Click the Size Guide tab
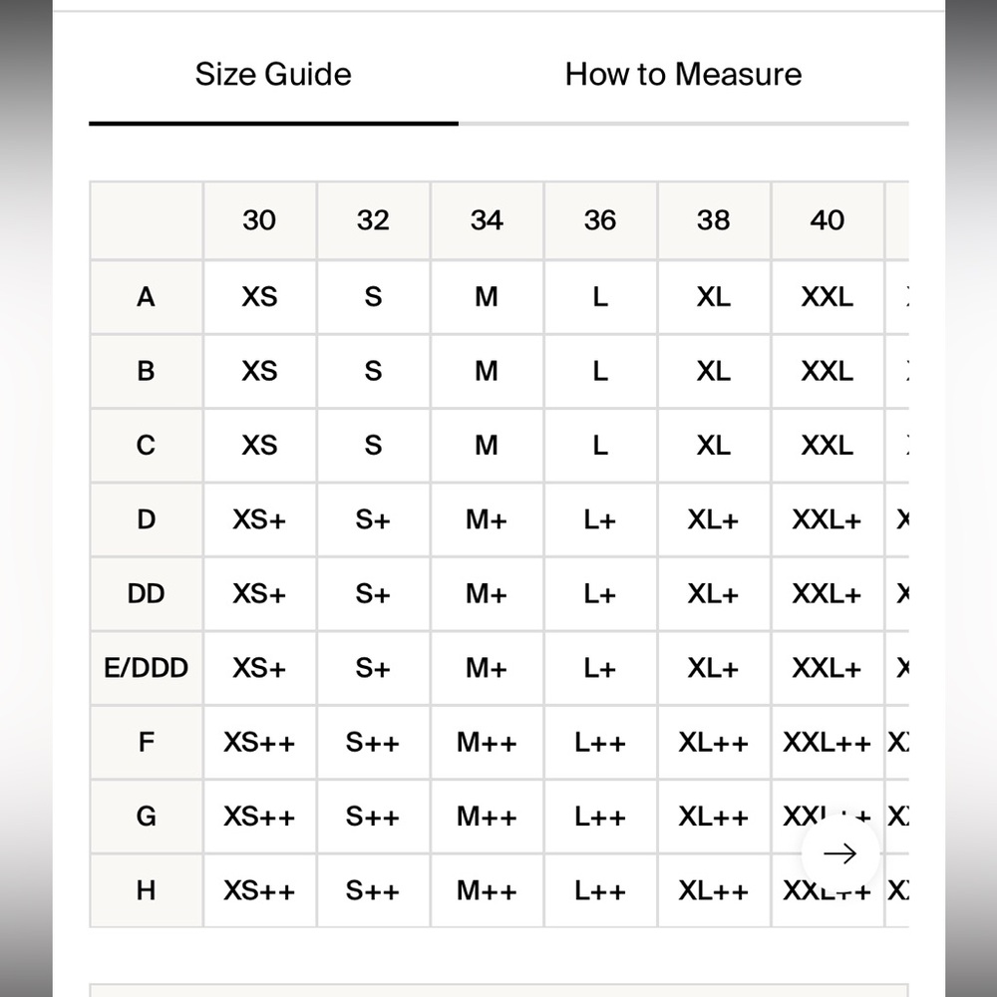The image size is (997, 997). click(x=273, y=75)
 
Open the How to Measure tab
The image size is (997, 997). click(x=683, y=75)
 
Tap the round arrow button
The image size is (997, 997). click(x=839, y=853)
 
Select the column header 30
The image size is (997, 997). click(x=259, y=220)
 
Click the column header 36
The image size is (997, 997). click(x=600, y=220)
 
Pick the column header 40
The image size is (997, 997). click(x=828, y=220)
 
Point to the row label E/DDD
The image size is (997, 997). click(x=147, y=668)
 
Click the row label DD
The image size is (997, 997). click(x=147, y=594)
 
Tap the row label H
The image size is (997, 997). click(x=147, y=890)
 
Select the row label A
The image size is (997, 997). click(x=147, y=297)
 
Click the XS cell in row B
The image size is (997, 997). click(x=259, y=372)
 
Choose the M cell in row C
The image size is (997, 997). click(x=487, y=446)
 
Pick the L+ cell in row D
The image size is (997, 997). click(x=600, y=520)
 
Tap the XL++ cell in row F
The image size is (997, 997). click(x=713, y=743)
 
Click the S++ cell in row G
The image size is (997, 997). click(x=373, y=817)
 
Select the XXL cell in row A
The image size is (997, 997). click(x=828, y=297)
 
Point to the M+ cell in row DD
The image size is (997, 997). click(x=487, y=594)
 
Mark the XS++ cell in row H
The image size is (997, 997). click(x=259, y=890)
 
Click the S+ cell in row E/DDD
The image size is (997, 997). click(x=373, y=668)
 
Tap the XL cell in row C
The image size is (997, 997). click(x=713, y=446)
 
